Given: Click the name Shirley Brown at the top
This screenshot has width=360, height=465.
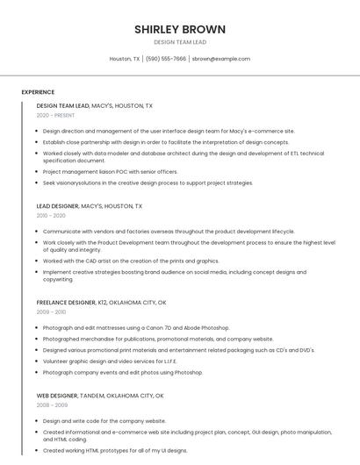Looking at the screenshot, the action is pyautogui.click(x=180, y=29).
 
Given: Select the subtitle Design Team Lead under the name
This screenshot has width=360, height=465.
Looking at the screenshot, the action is pyautogui.click(x=180, y=42).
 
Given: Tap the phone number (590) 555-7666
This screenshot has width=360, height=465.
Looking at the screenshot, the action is pyautogui.click(x=166, y=59).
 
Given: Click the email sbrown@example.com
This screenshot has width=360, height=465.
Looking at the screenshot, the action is pyautogui.click(x=221, y=59).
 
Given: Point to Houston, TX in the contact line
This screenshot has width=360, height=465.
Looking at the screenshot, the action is pyautogui.click(x=125, y=59).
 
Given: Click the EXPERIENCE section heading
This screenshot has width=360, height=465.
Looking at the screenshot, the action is pyautogui.click(x=38, y=92).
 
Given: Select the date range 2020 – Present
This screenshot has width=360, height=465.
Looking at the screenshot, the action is pyautogui.click(x=55, y=115).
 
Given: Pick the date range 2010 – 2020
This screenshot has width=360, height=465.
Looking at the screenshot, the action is pyautogui.click(x=51, y=215).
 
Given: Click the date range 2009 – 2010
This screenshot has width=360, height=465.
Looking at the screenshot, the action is pyautogui.click(x=51, y=311).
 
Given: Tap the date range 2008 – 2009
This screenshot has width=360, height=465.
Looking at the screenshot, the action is pyautogui.click(x=52, y=404).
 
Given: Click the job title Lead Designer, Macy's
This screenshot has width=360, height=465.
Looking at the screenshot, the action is pyautogui.click(x=90, y=206).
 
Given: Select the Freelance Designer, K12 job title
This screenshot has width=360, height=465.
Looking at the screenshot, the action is pyautogui.click(x=101, y=303).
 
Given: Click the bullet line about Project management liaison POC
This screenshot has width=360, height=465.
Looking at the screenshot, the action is pyautogui.click(x=110, y=172).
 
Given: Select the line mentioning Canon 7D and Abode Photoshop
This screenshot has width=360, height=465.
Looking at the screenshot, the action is pyautogui.click(x=136, y=328).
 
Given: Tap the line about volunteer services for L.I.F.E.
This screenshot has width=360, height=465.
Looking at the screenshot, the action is pyautogui.click(x=110, y=361).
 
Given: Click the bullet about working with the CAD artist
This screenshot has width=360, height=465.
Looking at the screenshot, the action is pyautogui.click(x=131, y=261).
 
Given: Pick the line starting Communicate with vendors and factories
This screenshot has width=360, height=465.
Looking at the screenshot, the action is pyautogui.click(x=169, y=232).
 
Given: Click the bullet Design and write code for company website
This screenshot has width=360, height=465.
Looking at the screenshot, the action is pyautogui.click(x=104, y=421).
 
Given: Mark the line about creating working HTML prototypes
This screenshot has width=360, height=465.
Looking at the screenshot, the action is pyautogui.click(x=115, y=450).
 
